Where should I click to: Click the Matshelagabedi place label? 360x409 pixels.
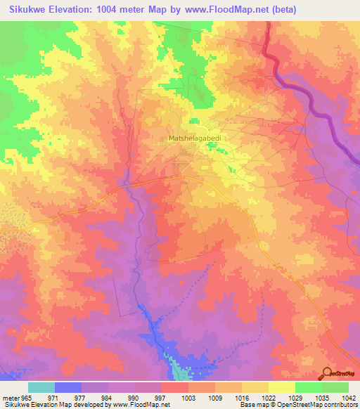(195, 138)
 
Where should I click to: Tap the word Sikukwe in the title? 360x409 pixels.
(26, 10)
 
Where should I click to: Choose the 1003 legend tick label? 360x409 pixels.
(188, 398)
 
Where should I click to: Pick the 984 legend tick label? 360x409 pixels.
(108, 398)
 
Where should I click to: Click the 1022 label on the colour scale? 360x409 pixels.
(269, 398)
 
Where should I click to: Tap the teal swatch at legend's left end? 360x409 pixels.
(41, 387)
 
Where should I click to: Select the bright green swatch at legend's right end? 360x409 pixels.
(335, 387)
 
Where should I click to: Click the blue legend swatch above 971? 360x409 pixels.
(68, 387)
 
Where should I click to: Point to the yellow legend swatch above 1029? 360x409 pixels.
(281, 387)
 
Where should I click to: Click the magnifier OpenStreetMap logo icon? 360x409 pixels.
(326, 372)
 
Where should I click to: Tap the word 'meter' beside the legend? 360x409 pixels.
(10, 398)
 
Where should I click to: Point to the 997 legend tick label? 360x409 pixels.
(161, 398)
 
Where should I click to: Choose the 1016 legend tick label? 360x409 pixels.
(242, 398)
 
